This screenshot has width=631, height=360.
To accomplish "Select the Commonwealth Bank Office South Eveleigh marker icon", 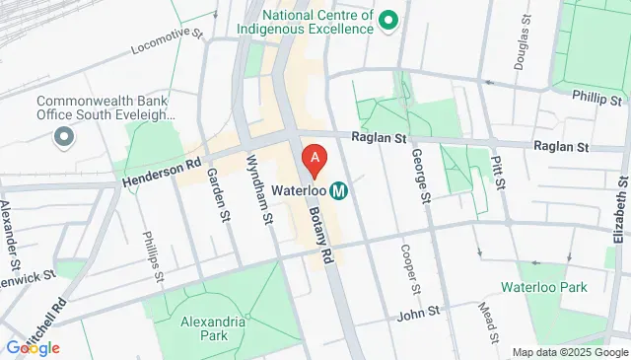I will (x=65, y=136).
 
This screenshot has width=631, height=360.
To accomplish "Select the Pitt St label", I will (x=500, y=171).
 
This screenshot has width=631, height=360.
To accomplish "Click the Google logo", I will (x=33, y=347).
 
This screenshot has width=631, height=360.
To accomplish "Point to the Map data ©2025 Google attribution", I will (x=569, y=352).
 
